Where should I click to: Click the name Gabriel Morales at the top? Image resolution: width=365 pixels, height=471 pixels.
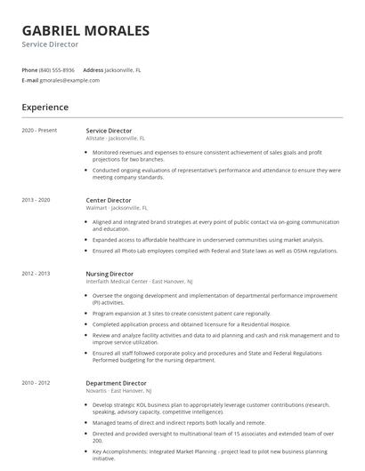click(85, 31)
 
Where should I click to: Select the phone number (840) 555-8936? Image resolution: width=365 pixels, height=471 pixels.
click(57, 69)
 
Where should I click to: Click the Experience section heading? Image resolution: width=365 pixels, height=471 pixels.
click(45, 108)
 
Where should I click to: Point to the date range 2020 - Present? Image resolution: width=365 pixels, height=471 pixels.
click(39, 130)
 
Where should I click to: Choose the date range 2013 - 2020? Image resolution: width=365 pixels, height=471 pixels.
click(36, 201)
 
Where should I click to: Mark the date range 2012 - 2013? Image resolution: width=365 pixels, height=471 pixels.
click(36, 274)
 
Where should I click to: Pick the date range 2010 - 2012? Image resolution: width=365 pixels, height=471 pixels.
click(36, 383)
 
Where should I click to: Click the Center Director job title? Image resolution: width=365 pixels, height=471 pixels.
click(108, 201)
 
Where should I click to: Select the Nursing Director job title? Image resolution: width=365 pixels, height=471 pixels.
click(109, 274)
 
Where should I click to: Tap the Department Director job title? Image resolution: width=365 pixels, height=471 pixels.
click(116, 383)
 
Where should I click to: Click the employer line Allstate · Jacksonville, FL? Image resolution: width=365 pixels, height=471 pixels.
click(115, 139)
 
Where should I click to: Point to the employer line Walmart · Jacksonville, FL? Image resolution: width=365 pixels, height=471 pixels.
click(116, 209)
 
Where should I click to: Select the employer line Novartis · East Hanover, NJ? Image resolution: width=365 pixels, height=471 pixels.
click(118, 391)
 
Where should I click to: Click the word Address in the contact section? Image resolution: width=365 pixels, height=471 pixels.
click(93, 69)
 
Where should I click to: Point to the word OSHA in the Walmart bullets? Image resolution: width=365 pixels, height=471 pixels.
click(304, 251)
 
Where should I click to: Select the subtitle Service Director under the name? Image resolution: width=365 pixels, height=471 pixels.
click(50, 44)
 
